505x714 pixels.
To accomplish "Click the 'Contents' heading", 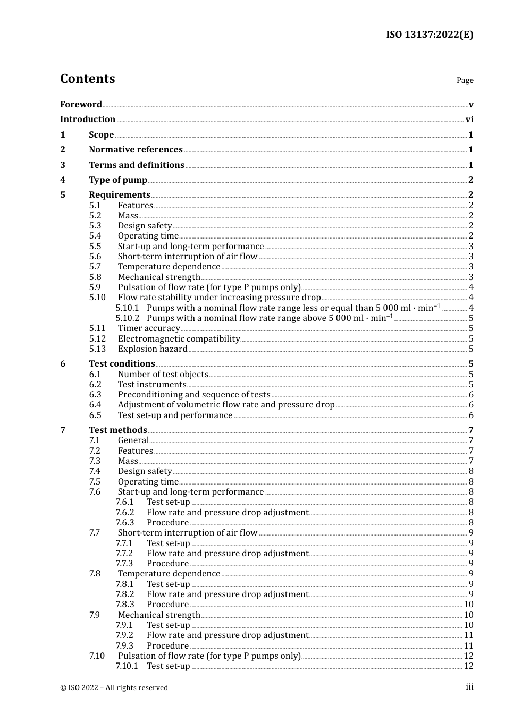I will [87, 79].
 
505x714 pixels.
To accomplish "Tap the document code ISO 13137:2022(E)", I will [429, 35].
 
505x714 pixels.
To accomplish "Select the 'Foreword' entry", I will [81, 104].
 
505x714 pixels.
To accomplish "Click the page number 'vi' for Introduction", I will [469, 120].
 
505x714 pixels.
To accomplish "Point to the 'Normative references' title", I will [136, 150].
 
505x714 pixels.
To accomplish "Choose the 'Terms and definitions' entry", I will [137, 165].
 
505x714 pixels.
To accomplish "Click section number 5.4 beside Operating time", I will [95, 236].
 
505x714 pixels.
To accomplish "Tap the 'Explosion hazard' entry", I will [153, 349].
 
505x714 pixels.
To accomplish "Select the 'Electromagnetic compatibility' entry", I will [179, 339].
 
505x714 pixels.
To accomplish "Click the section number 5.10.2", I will [127, 318].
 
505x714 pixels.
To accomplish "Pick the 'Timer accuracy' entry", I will [149, 328].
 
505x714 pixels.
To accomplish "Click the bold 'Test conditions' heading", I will [122, 364].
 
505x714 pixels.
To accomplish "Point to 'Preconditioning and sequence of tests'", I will [194, 395].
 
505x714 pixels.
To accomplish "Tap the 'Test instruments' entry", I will [152, 385].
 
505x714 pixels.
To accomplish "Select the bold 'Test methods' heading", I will [118, 430].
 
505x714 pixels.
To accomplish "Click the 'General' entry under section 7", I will [133, 440].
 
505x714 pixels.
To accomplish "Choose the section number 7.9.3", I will [124, 646].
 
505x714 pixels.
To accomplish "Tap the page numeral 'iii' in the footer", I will [469, 687].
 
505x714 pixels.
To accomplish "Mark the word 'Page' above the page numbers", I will [465, 80].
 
